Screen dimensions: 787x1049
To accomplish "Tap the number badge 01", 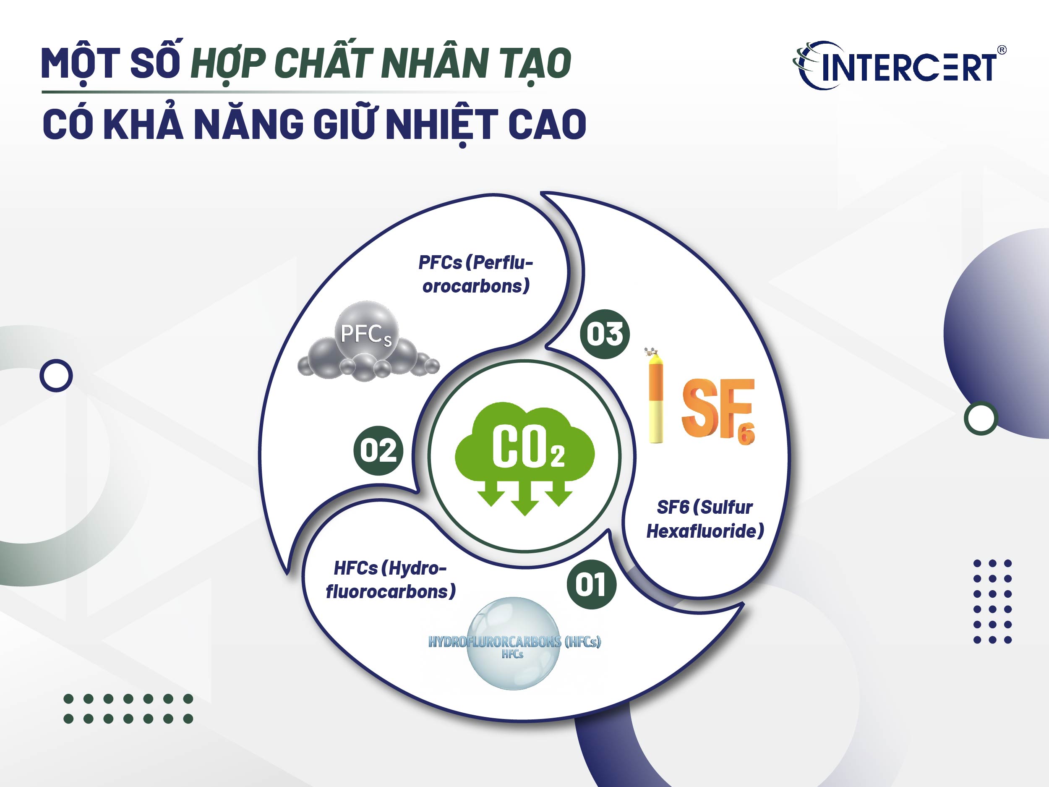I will tap(592, 584).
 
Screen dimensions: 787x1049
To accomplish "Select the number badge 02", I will tap(378, 450).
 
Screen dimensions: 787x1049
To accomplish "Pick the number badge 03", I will tap(605, 334).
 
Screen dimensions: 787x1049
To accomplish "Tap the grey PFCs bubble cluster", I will tap(368, 344).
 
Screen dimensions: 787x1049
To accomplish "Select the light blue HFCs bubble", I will tap(514, 643).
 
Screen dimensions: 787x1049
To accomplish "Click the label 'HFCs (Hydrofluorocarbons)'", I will tap(390, 580).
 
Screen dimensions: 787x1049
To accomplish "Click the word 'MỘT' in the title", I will tap(81, 63).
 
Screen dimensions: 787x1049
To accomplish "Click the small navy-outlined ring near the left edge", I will tap(56, 376).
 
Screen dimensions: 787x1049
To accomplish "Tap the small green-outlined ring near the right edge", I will tap(981, 418).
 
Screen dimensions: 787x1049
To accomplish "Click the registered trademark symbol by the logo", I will tap(1002, 50).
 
